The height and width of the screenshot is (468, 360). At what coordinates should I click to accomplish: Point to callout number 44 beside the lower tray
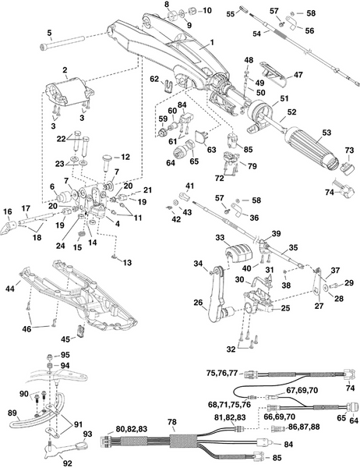pyautogui.click(x=9, y=289)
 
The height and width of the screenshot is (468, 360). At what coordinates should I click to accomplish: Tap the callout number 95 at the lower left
pyautogui.click(x=65, y=355)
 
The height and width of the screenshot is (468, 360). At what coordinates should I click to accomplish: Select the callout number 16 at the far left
pyautogui.click(x=8, y=211)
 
